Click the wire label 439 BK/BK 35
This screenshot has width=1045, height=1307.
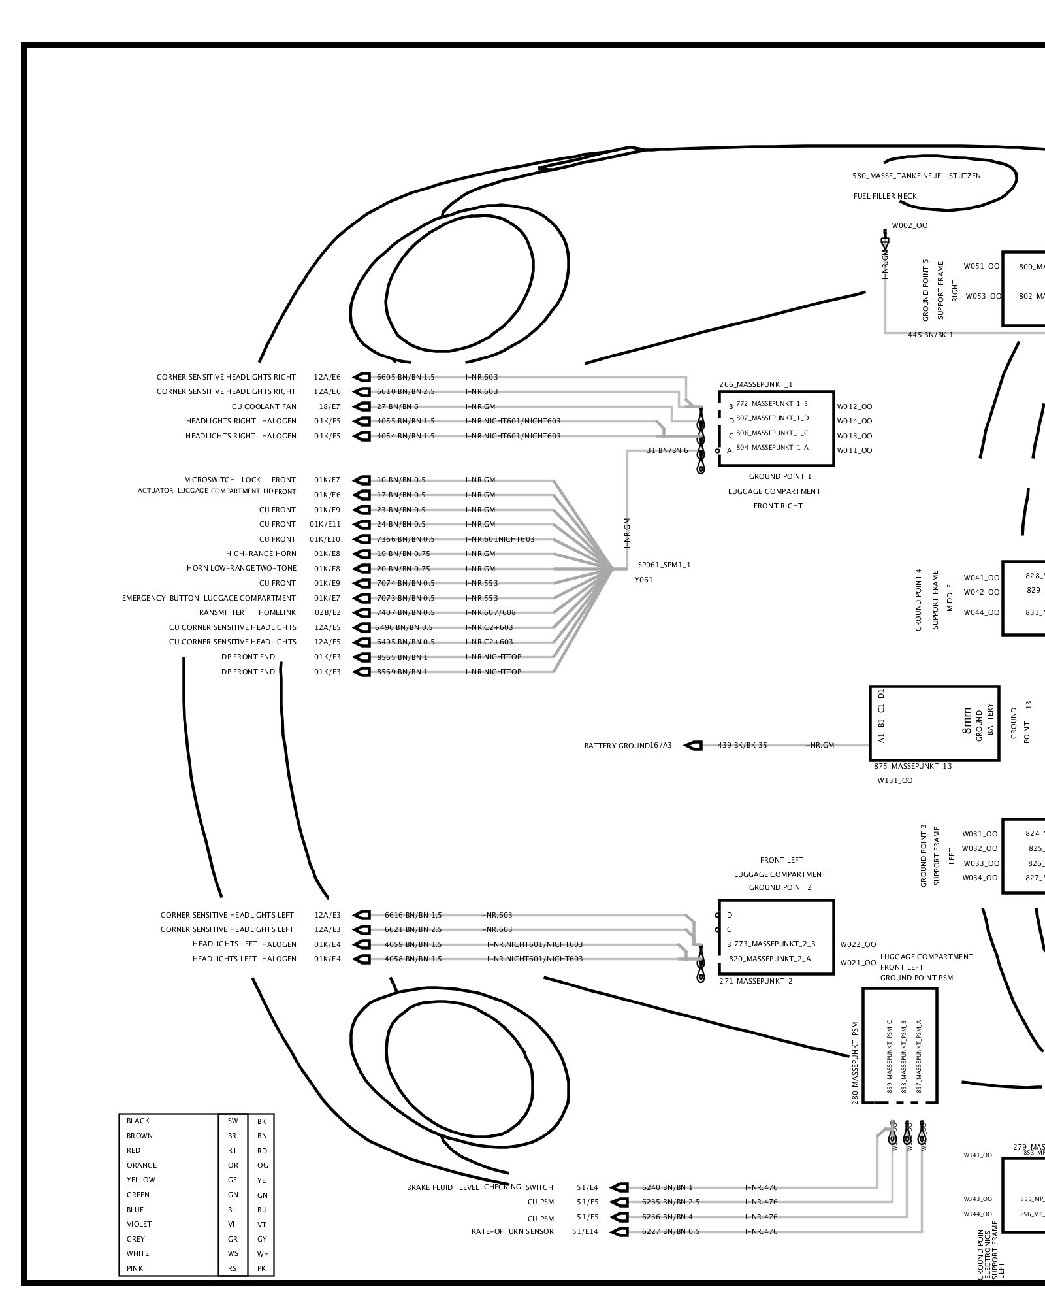coord(742,745)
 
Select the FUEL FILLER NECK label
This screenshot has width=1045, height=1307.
coord(885,196)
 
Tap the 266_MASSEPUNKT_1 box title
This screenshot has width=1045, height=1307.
coord(756,385)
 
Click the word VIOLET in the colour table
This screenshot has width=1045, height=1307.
coord(139,1224)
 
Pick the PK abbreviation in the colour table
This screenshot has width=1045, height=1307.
coord(262,1268)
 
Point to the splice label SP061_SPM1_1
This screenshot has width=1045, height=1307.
coord(664,565)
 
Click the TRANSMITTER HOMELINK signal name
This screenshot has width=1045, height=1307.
coord(245,612)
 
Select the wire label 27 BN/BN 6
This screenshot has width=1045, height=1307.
coord(398,406)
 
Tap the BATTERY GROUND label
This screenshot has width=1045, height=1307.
coord(617,746)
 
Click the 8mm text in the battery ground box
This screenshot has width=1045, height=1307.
coord(967,721)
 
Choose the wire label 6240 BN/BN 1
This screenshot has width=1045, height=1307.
coord(667,1187)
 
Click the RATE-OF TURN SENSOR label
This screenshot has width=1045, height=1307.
coord(512,1231)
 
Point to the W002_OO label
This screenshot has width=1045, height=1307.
coord(910,225)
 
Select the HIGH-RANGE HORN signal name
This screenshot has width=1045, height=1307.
coord(261,554)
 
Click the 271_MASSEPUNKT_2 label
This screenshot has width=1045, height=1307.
coord(756,981)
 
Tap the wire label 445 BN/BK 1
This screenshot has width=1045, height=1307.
coord(930,335)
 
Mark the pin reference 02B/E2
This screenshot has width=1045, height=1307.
coord(327,612)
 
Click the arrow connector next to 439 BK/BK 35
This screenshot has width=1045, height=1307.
coord(693,745)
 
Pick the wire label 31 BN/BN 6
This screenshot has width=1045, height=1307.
coord(667,450)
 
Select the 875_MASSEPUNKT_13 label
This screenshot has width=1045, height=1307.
coord(912,766)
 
